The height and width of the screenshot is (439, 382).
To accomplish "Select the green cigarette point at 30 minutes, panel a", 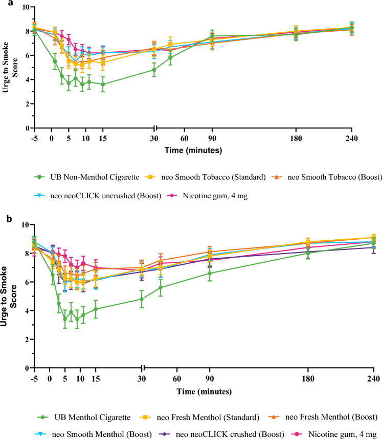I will pyautogui.click(x=154, y=70).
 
